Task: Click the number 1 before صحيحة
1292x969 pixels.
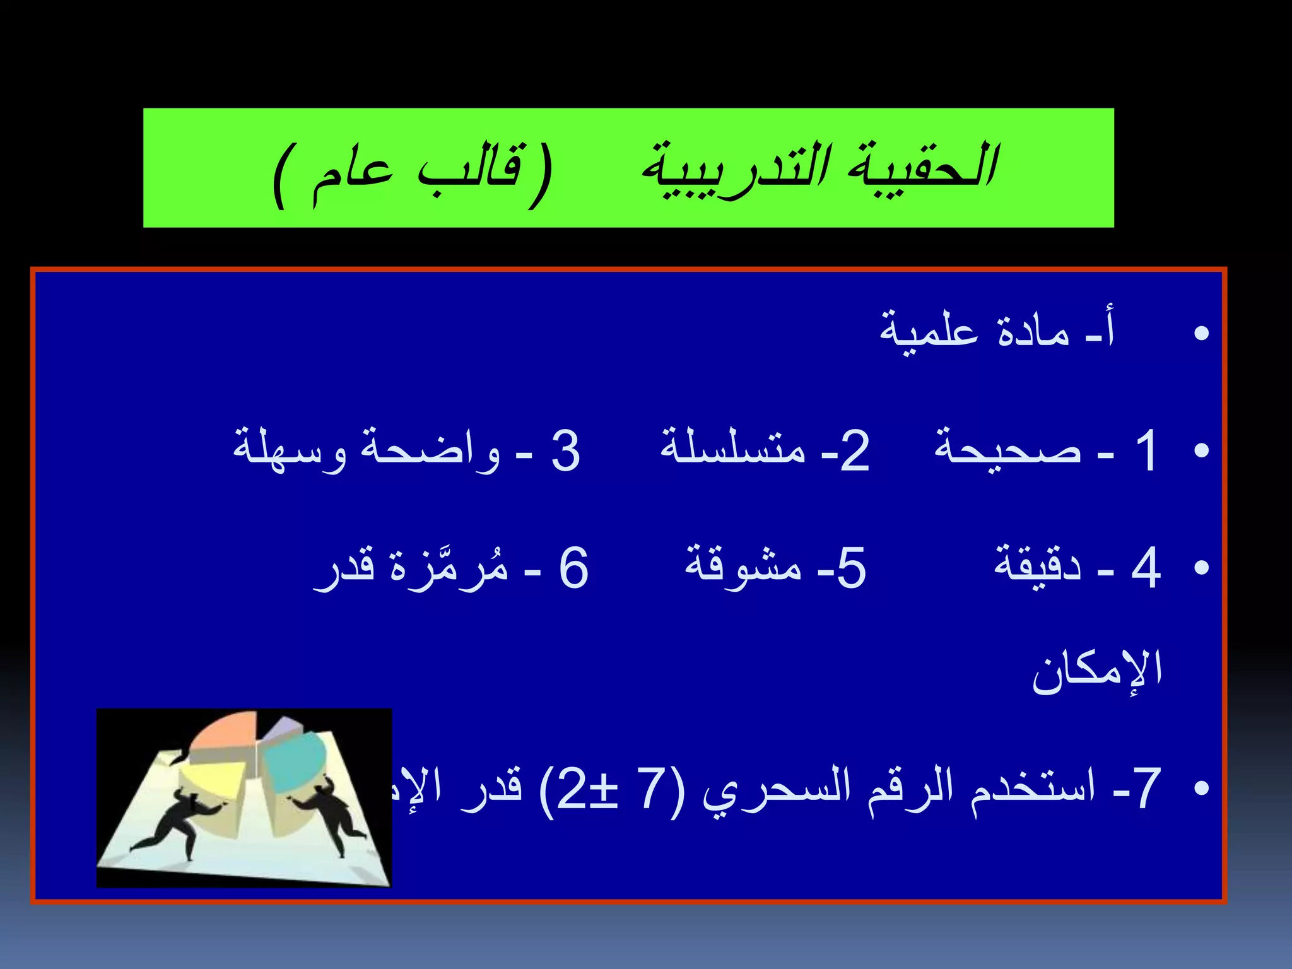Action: [1146, 450]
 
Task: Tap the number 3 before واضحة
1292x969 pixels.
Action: [565, 450]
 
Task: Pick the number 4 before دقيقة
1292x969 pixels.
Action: [1146, 567]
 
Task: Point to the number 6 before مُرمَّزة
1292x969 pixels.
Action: [573, 567]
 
